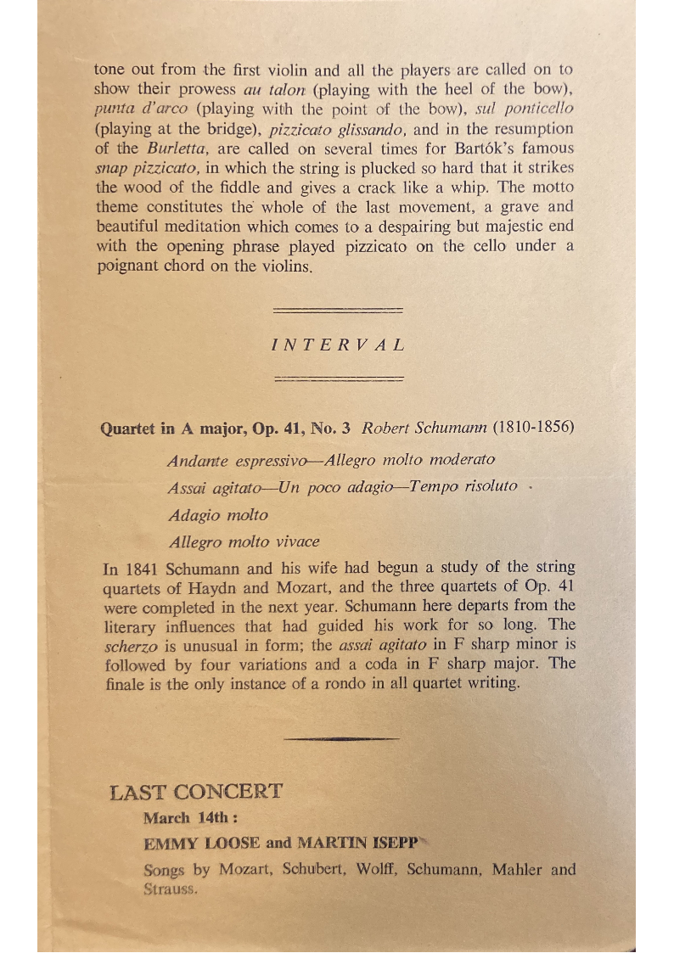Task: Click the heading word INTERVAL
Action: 339,345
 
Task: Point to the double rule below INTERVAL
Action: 339,378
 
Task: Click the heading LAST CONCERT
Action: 195,793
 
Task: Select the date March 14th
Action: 188,819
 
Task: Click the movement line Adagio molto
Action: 217,515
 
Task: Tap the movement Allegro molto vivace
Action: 244,542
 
